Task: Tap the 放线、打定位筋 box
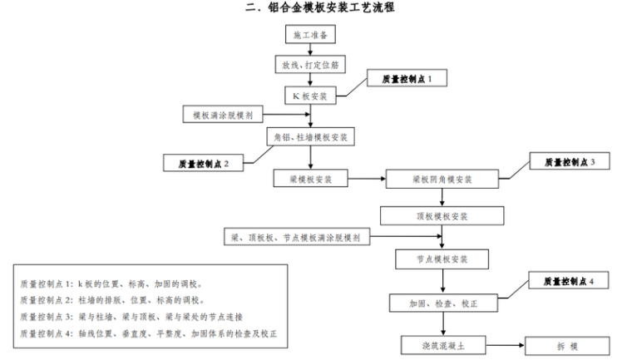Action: tap(310, 64)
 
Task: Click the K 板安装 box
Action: tap(310, 96)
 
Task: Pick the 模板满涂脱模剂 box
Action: tap(223, 115)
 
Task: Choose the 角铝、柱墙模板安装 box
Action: tap(311, 136)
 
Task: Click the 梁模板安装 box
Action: tap(310, 179)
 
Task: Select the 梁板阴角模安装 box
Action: tap(442, 179)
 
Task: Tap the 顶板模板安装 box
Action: tap(442, 216)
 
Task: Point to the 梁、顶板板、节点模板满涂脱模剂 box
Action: tap(296, 238)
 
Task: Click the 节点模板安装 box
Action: tap(442, 259)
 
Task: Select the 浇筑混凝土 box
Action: tap(442, 344)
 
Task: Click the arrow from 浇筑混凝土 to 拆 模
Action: tap(508, 344)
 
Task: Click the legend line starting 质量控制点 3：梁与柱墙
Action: tap(137, 317)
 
